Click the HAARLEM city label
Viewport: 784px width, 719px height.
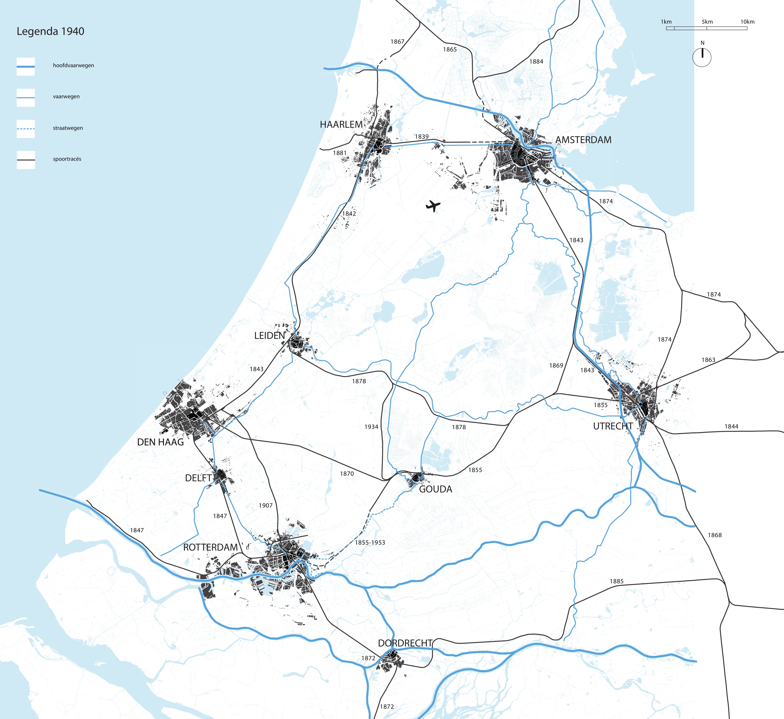[x=341, y=125]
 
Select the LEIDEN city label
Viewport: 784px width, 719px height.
[x=269, y=335]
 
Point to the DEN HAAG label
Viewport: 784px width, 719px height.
[x=160, y=442]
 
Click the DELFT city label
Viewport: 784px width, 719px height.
[x=198, y=478]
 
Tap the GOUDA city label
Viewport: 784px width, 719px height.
[x=435, y=489]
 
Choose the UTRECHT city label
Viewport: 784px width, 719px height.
[x=613, y=426]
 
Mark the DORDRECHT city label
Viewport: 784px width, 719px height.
[x=405, y=643]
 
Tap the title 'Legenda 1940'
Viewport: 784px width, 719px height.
[x=50, y=32]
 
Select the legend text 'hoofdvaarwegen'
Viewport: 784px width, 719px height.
[x=74, y=65]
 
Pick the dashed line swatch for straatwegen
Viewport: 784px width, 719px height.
[x=26, y=128]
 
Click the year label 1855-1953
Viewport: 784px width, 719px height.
[x=370, y=542]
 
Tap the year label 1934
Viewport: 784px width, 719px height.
[x=371, y=427]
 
